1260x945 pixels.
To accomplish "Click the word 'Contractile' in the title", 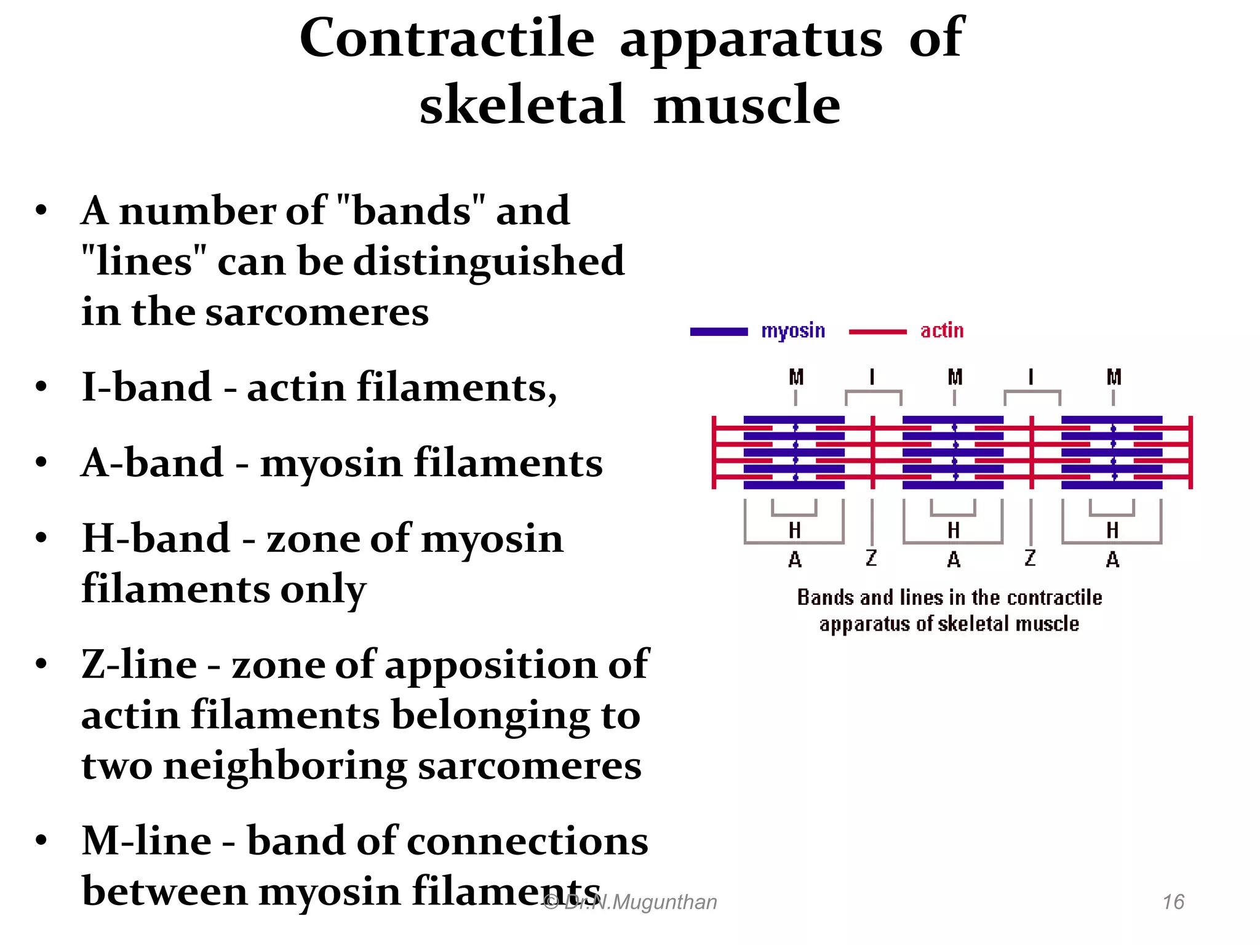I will tap(447, 38).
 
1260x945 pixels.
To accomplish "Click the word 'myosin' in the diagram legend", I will tap(792, 331).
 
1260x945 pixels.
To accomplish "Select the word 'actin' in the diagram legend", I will tap(941, 331).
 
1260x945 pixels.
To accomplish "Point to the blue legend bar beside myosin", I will tap(719, 332).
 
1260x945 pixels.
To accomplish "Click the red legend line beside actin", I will tap(877, 332).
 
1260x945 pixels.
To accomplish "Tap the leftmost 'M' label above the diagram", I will tap(796, 377).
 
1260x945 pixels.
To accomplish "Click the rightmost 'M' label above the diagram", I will tap(1114, 377).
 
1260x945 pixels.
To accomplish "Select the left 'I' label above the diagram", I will tap(872, 377).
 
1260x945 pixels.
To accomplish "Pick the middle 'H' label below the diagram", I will tap(954, 530).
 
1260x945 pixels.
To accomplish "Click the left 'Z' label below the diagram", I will tap(871, 558).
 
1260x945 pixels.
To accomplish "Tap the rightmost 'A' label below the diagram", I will tap(1112, 559).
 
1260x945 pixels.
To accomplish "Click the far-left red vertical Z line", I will tap(714, 452).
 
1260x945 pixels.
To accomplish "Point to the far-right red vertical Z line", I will tap(1190, 452).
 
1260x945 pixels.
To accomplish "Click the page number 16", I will tap(1173, 902).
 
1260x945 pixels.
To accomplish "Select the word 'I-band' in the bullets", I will tap(146, 388).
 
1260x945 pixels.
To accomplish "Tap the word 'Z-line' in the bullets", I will tap(139, 665).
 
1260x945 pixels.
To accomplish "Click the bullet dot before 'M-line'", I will tap(41, 840).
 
